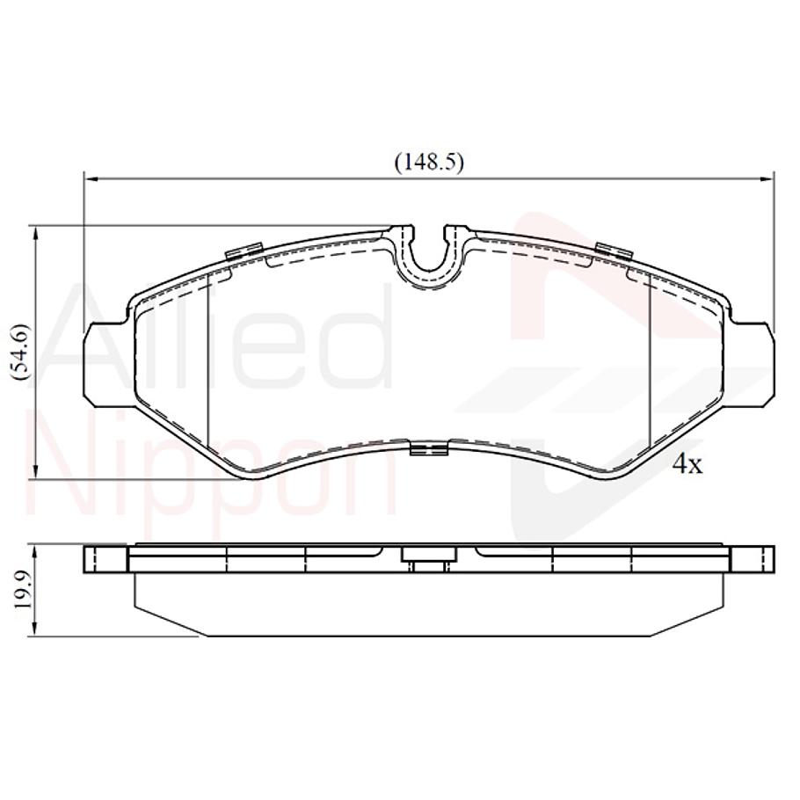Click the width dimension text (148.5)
pyautogui.click(x=428, y=162)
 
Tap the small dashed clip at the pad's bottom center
pyautogui.click(x=429, y=449)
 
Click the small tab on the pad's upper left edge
pyautogui.click(x=244, y=251)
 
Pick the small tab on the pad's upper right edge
pyautogui.click(x=614, y=251)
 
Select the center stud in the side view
pyautogui.click(x=429, y=559)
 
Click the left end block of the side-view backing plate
pyautogui.click(x=105, y=559)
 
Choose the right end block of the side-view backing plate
pyautogui.click(x=753, y=559)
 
